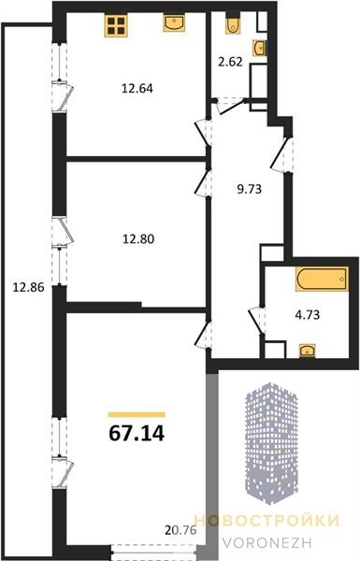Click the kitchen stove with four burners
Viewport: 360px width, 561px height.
[x=116, y=25]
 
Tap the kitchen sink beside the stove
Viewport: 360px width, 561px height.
[x=174, y=23]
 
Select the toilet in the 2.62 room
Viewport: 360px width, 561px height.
[x=233, y=24]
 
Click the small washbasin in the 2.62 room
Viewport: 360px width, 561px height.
[x=260, y=48]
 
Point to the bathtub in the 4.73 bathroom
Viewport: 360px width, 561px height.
[x=322, y=279]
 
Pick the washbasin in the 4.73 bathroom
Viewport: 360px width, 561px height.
[x=307, y=351]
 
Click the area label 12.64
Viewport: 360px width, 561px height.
[x=137, y=89]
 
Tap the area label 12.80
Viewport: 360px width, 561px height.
[x=138, y=238]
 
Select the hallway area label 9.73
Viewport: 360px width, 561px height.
[x=250, y=189]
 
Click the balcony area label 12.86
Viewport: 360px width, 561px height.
[x=28, y=287]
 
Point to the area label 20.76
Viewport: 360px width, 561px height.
[x=181, y=530]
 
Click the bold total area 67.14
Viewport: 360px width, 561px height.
[x=137, y=433]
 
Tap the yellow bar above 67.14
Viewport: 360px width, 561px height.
[x=137, y=414]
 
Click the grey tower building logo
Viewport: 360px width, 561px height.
[x=271, y=443]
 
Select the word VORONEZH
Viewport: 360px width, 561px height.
[x=267, y=542]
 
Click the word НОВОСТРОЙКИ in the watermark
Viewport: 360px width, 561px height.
[x=266, y=520]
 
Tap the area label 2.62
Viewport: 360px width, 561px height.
[x=230, y=62]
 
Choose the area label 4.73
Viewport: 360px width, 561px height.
[x=308, y=315]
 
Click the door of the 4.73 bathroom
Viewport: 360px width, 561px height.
[x=257, y=320]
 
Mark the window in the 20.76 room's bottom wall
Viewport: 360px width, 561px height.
[x=155, y=552]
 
